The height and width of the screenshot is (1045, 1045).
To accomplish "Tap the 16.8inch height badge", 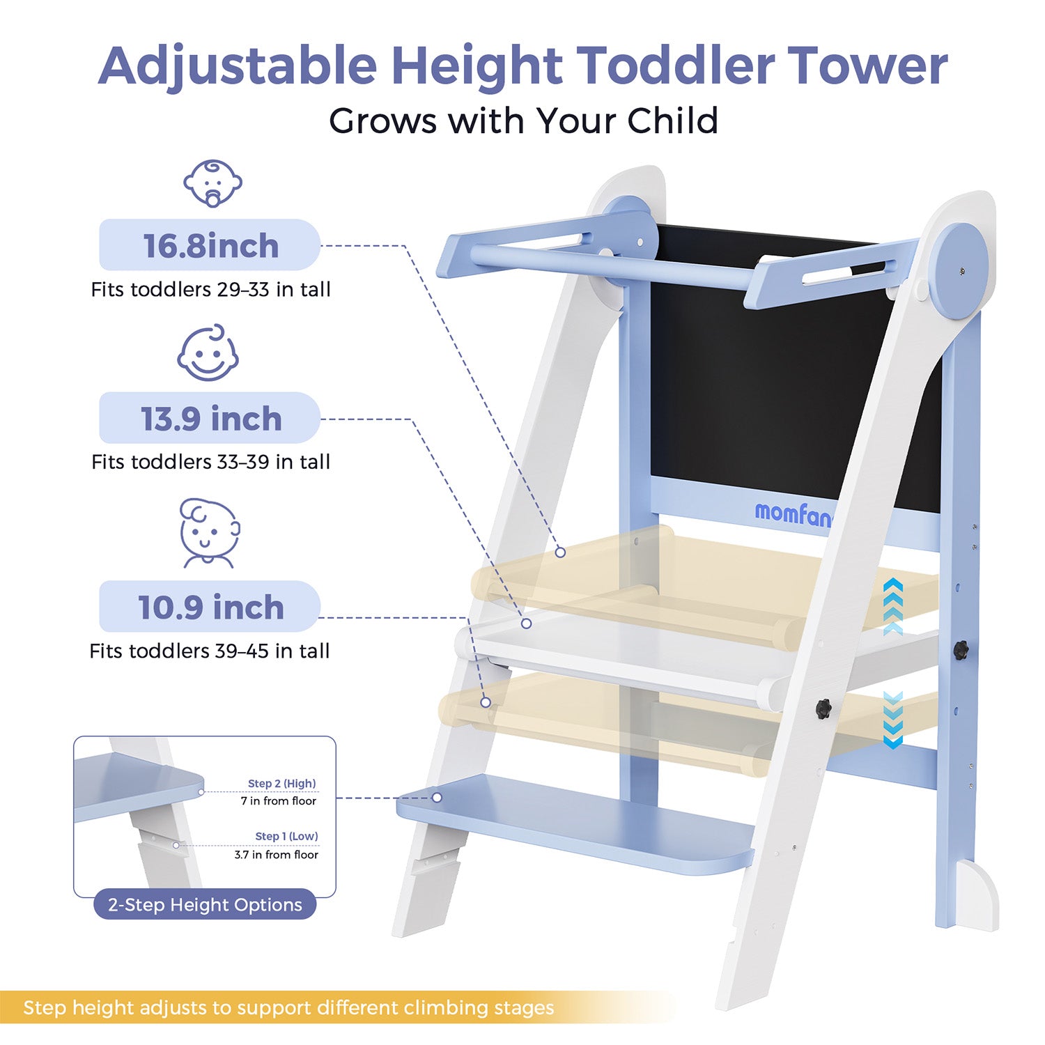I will (210, 245).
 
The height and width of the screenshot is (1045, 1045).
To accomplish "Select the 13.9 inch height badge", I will (210, 418).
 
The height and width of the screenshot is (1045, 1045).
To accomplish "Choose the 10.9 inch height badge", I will (210, 607).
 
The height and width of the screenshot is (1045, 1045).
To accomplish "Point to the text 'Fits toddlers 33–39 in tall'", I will (210, 462).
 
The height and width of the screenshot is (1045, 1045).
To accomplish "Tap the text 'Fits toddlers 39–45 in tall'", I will (209, 651).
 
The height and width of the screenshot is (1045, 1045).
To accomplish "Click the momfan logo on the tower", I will (793, 514).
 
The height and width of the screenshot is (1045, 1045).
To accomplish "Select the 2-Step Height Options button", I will (205, 904).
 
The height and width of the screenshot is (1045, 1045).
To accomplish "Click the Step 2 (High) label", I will (281, 784).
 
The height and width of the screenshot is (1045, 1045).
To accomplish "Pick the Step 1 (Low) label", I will (286, 836).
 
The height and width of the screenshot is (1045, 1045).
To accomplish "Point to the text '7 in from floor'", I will (278, 801).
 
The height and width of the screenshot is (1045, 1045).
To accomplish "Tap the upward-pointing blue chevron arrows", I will (892, 606).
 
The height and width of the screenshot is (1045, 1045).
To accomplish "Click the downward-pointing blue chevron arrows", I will (892, 720).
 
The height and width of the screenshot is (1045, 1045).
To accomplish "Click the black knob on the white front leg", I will (824, 709).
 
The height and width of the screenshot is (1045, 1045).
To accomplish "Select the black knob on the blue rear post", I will (961, 650).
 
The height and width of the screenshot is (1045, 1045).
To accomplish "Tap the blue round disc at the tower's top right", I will (959, 270).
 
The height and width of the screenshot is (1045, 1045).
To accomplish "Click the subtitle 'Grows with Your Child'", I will (523, 121).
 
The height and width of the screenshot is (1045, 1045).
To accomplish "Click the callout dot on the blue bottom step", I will (437, 797).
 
